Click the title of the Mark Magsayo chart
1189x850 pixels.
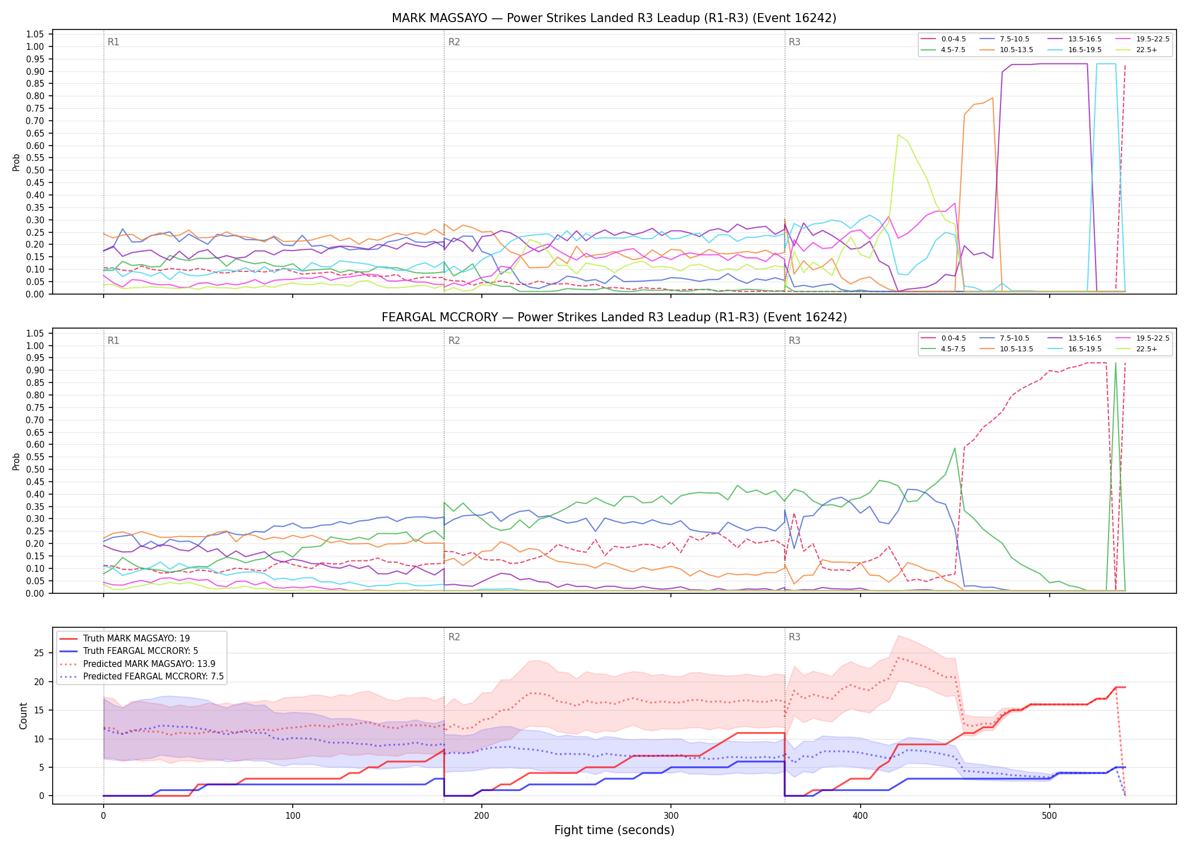(x=614, y=18)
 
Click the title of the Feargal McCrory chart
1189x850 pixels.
(x=614, y=317)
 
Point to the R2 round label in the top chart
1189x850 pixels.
(x=454, y=42)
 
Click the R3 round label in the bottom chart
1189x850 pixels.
(x=794, y=637)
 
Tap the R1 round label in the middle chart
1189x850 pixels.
(x=113, y=341)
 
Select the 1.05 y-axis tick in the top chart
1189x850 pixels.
(x=35, y=35)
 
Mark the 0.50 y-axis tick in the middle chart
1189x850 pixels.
(x=35, y=469)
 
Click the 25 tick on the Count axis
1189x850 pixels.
(x=39, y=653)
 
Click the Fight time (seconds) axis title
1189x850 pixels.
(x=614, y=830)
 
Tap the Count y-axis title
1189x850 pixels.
(x=23, y=716)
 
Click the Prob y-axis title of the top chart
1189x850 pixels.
(x=16, y=162)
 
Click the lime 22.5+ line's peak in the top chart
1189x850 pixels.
(x=898, y=134)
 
